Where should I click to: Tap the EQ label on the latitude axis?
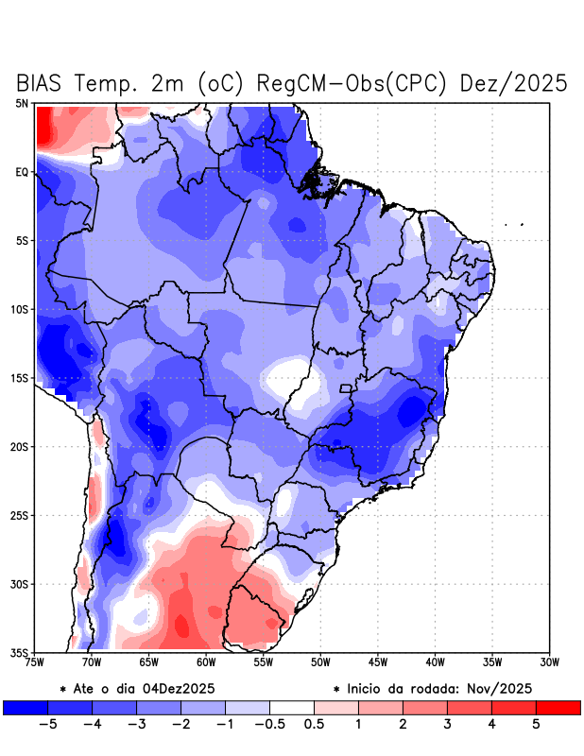pos(22,172)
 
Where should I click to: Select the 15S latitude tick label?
pos(20,378)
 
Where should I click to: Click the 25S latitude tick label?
pos(20,515)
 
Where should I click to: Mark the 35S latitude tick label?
pos(20,652)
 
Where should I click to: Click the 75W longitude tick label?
pos(36,662)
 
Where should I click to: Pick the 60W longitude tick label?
pos(207,662)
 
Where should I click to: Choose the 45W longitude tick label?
pos(378,662)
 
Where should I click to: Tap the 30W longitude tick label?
pos(549,662)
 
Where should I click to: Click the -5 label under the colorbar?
pos(46,724)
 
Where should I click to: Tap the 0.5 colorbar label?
pos(314,724)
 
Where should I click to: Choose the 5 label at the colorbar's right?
pos(536,724)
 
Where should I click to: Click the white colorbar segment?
pos(291,707)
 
